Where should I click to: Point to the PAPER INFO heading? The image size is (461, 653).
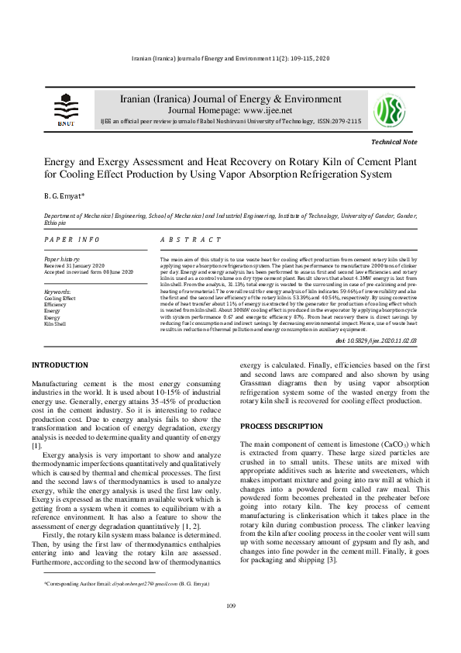pos(72,240)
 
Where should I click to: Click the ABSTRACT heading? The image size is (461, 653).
pos(190,240)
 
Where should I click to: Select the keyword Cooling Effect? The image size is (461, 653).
pos(60,298)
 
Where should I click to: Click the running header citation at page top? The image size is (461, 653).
pos(230,60)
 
